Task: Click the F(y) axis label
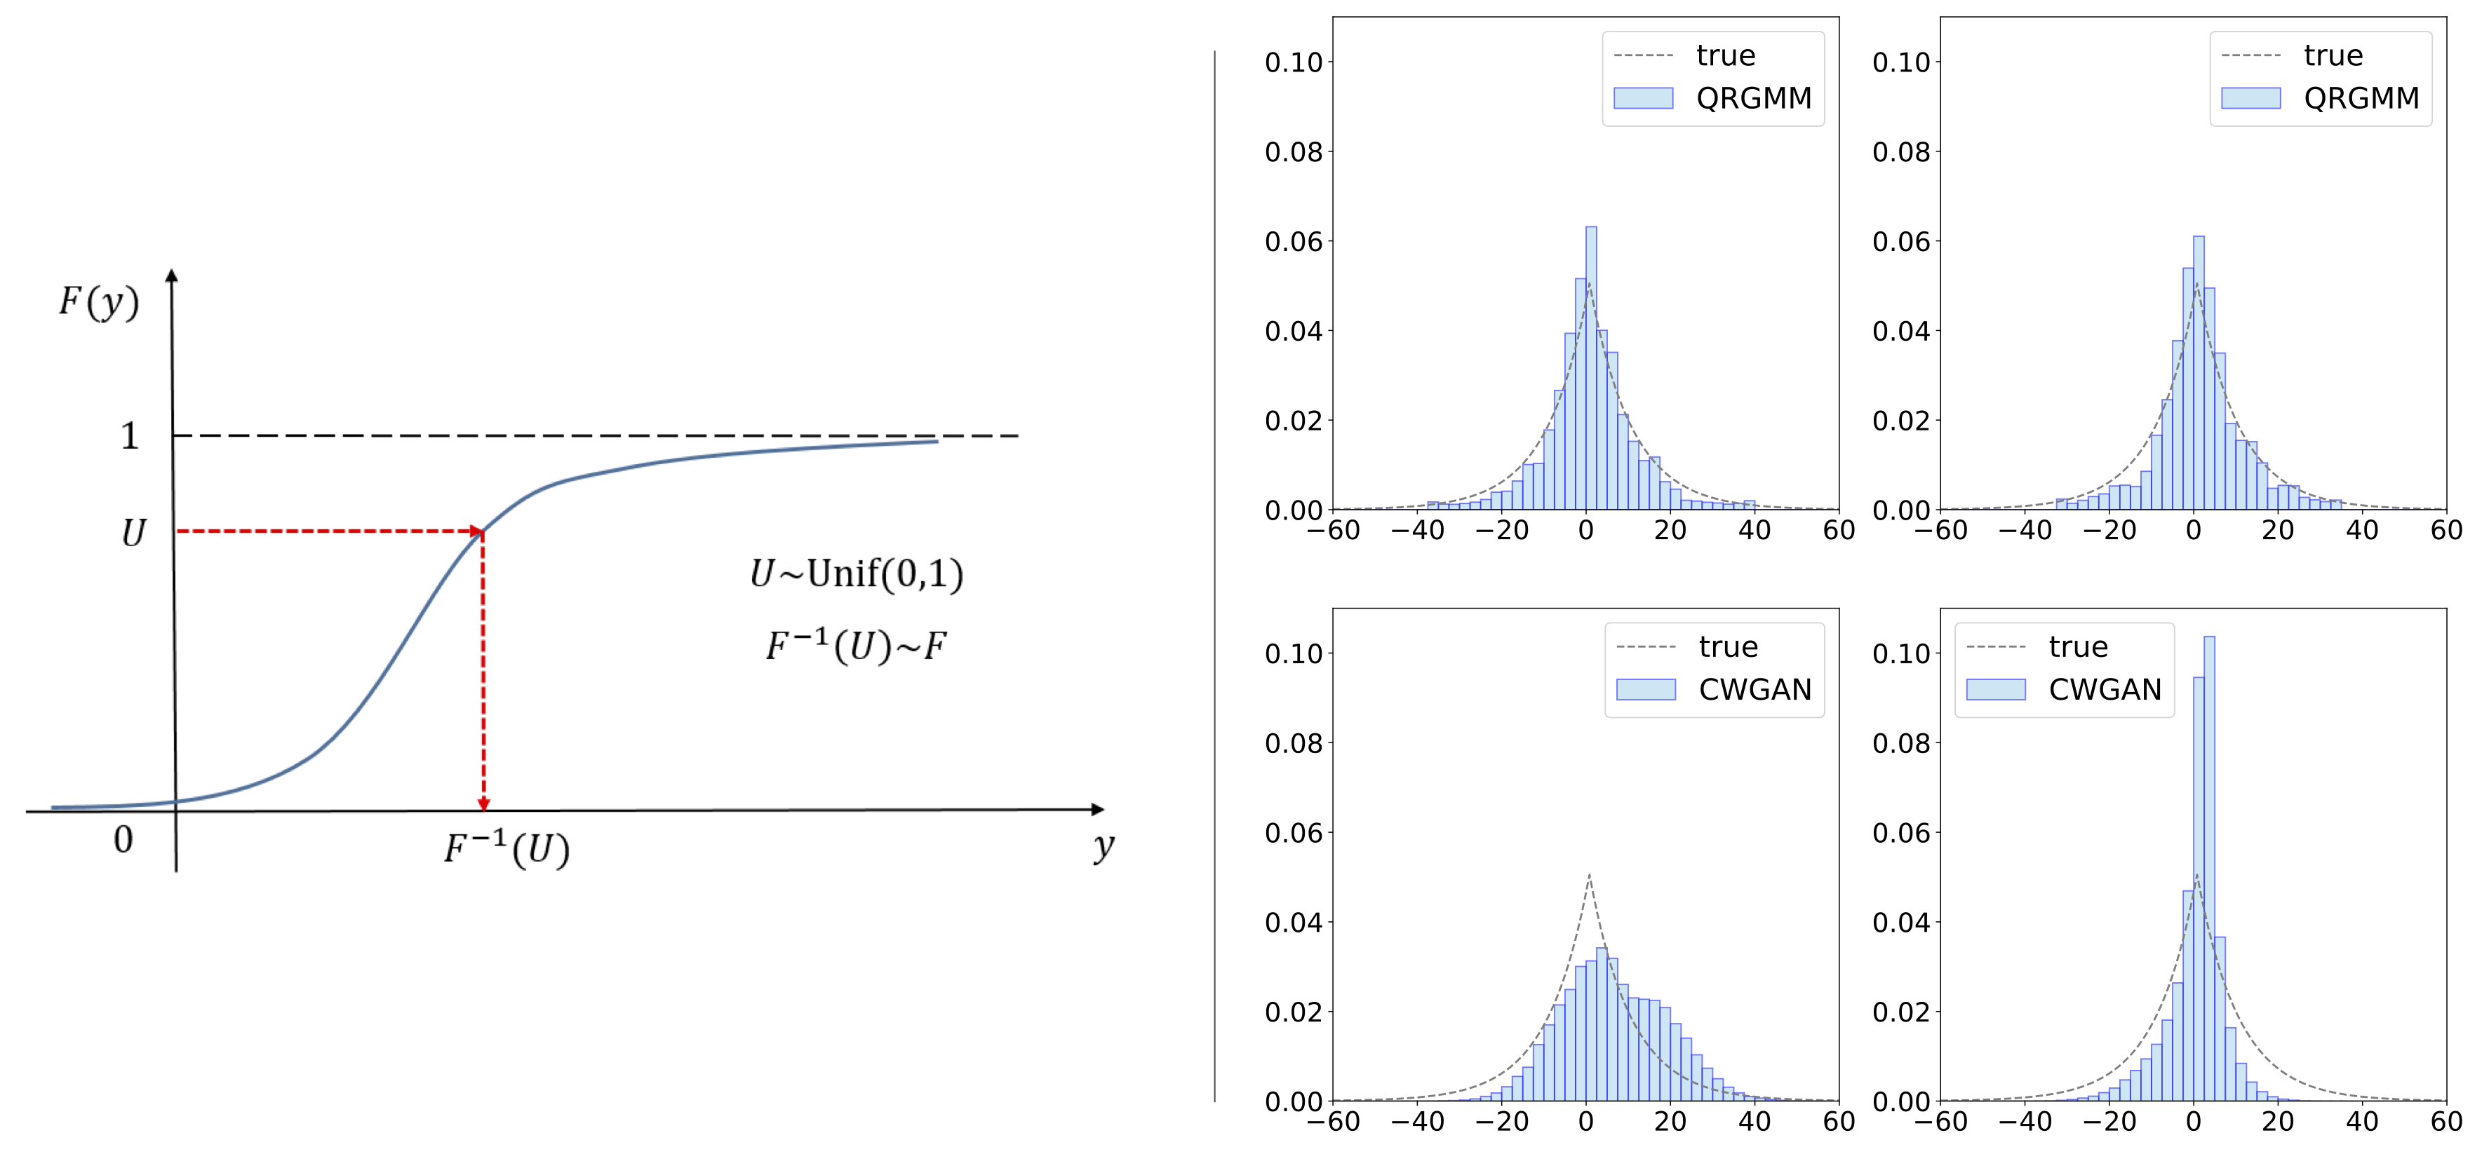click(98, 302)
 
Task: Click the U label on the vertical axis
click(133, 533)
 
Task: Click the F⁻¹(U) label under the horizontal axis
click(506, 850)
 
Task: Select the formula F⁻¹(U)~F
click(856, 645)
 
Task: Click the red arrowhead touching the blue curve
click(476, 531)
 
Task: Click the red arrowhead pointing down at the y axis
click(484, 803)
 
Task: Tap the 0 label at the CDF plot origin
click(123, 839)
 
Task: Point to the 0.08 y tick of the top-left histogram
click(1293, 151)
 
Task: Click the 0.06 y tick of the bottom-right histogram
click(1900, 832)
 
